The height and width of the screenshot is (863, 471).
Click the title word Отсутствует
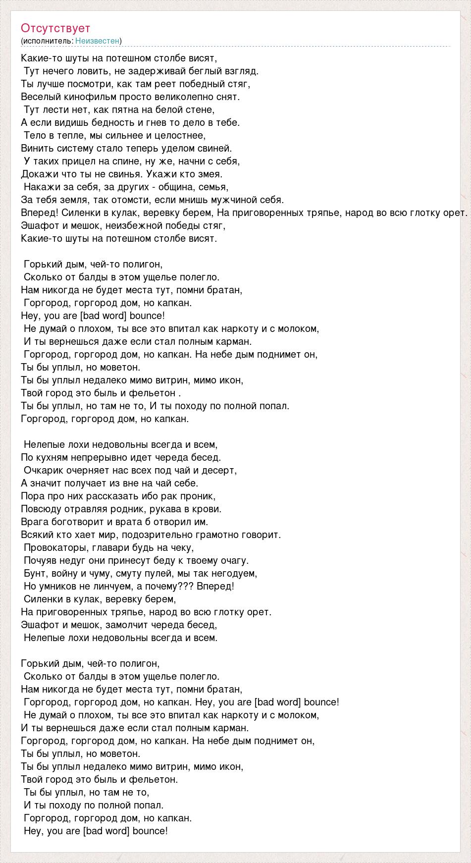pos(55,28)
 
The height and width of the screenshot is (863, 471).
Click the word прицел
pos(78,161)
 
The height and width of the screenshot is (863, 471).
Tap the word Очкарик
pos(44,470)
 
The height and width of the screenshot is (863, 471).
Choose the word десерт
pos(219,470)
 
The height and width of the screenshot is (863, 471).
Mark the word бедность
pos(98,122)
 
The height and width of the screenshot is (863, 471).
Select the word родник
pos(157,509)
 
